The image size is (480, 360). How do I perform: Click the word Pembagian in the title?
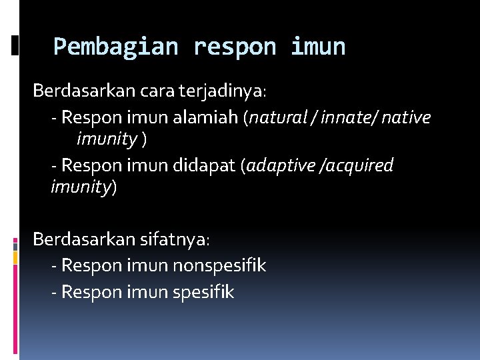click(x=115, y=47)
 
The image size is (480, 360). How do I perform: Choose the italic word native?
click(x=406, y=118)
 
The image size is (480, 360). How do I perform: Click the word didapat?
click(x=204, y=165)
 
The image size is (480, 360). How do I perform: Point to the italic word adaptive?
click(x=281, y=165)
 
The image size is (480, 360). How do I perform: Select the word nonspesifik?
click(x=219, y=266)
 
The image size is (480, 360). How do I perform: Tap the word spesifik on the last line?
click(x=203, y=293)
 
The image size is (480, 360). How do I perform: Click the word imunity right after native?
click(x=107, y=141)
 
